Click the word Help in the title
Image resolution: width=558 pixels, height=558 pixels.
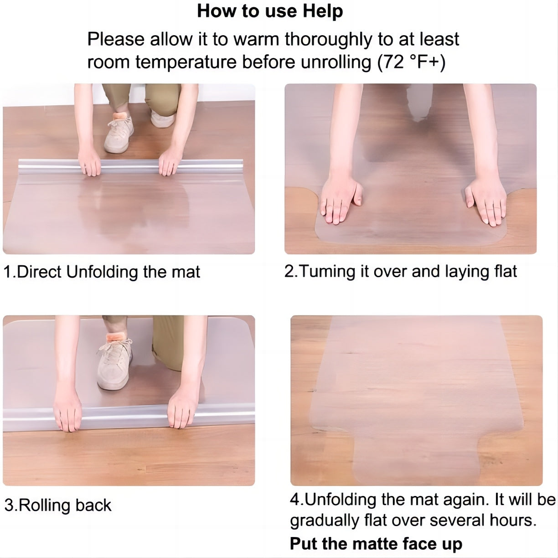(323, 11)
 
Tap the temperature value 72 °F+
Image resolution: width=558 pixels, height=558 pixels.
(411, 62)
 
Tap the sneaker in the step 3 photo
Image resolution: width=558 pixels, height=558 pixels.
(114, 364)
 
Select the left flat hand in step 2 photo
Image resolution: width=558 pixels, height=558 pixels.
(341, 200)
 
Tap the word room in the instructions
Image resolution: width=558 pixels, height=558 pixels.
(108, 62)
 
